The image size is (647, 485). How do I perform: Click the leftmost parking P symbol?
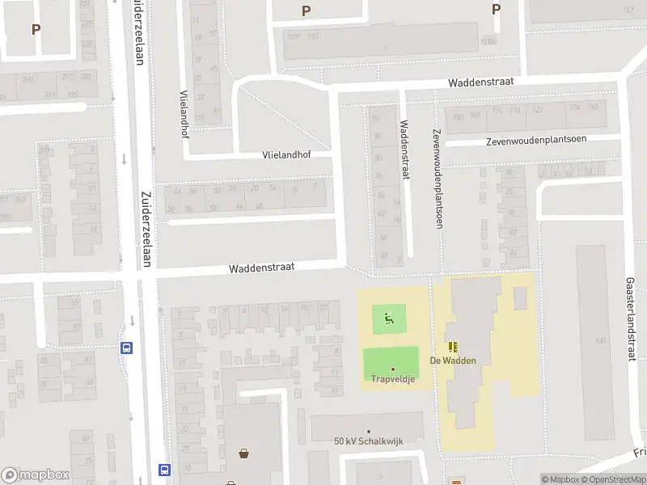click(x=36, y=29)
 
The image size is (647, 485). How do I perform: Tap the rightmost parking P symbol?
click(x=496, y=10)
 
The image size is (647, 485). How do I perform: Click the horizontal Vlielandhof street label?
click(x=286, y=154)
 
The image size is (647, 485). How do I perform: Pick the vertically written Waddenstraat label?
click(x=404, y=150)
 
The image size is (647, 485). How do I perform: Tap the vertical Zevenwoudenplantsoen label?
click(x=437, y=179)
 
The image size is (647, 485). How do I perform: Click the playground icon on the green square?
click(x=389, y=319)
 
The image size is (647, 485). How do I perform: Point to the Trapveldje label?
click(x=393, y=378)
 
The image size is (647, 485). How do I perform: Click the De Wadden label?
click(x=453, y=361)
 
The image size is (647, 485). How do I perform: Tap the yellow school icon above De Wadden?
click(x=453, y=346)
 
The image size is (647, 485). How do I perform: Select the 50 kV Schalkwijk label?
click(x=368, y=441)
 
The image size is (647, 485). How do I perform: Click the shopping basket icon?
click(x=243, y=453)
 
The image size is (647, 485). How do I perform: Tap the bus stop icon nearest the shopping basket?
click(x=165, y=470)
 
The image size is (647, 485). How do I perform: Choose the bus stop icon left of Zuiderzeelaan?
click(x=126, y=348)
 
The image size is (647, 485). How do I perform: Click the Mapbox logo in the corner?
click(x=36, y=475)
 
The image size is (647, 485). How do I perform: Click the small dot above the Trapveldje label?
click(x=393, y=369)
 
